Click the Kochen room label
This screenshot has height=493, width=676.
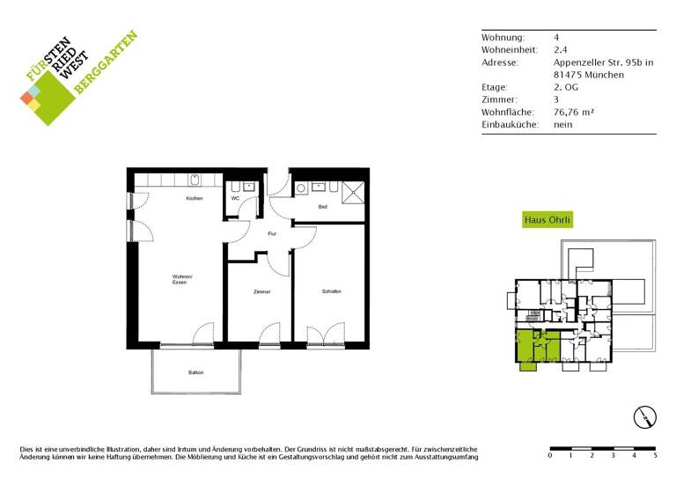tap(194, 198)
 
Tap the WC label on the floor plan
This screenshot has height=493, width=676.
tap(235, 198)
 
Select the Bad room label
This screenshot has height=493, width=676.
tap(323, 206)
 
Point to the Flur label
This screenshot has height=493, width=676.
tap(273, 233)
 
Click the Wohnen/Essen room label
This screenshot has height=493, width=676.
tap(181, 280)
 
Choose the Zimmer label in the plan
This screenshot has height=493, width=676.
tap(261, 291)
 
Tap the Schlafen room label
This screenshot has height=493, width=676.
tap(331, 291)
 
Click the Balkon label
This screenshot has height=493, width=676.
tap(195, 372)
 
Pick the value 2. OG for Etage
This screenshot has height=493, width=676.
tap(566, 87)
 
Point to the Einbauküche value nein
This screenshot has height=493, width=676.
tap(563, 124)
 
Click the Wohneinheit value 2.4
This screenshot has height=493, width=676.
tap(560, 50)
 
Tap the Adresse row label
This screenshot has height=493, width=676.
tap(500, 63)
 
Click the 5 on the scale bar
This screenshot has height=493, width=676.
tap(655, 455)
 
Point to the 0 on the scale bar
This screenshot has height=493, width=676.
tap(550, 455)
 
